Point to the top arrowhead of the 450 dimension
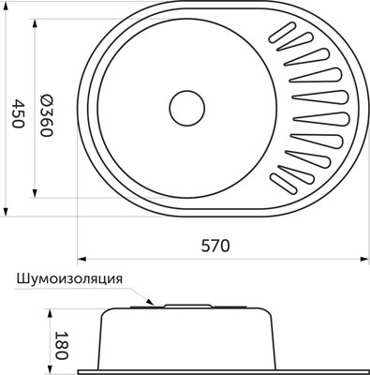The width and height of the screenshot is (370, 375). (27, 11)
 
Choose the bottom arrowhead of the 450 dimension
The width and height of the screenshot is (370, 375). (27, 215)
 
